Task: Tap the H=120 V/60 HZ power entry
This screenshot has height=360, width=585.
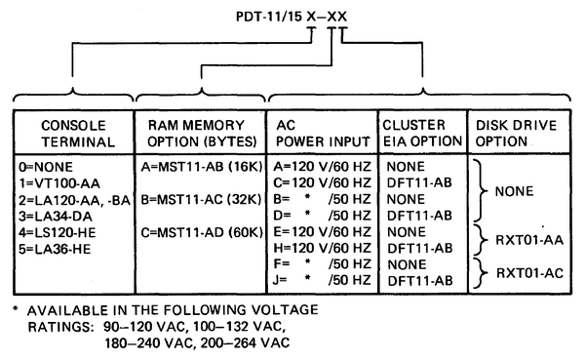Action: (323, 249)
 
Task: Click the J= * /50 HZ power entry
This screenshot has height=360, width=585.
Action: (323, 279)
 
